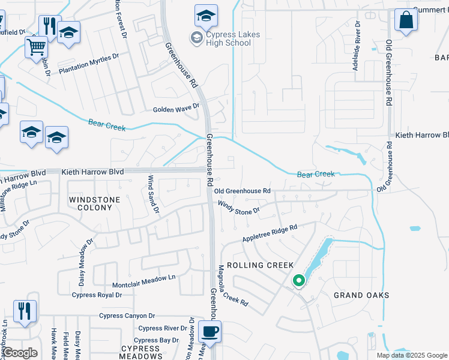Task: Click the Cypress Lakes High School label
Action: pyautogui.click(x=232, y=38)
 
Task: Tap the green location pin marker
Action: pyautogui.click(x=298, y=281)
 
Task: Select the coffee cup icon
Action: pyautogui.click(x=209, y=331)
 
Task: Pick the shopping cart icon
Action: pyautogui.click(x=37, y=46)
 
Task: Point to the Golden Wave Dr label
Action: pyautogui.click(x=176, y=109)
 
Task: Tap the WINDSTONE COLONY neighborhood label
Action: pyautogui.click(x=91, y=203)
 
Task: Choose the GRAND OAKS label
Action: pyautogui.click(x=362, y=295)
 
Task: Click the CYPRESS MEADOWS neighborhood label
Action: pyautogui.click(x=140, y=352)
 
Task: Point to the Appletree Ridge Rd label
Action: pyautogui.click(x=270, y=233)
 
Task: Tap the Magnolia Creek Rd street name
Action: pyautogui.click(x=233, y=286)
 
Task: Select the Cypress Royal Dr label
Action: pyautogui.click(x=97, y=295)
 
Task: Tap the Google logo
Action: pyautogui.click(x=20, y=353)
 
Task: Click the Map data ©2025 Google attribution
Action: pyautogui.click(x=412, y=355)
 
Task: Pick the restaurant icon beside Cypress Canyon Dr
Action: pyautogui.click(x=25, y=311)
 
